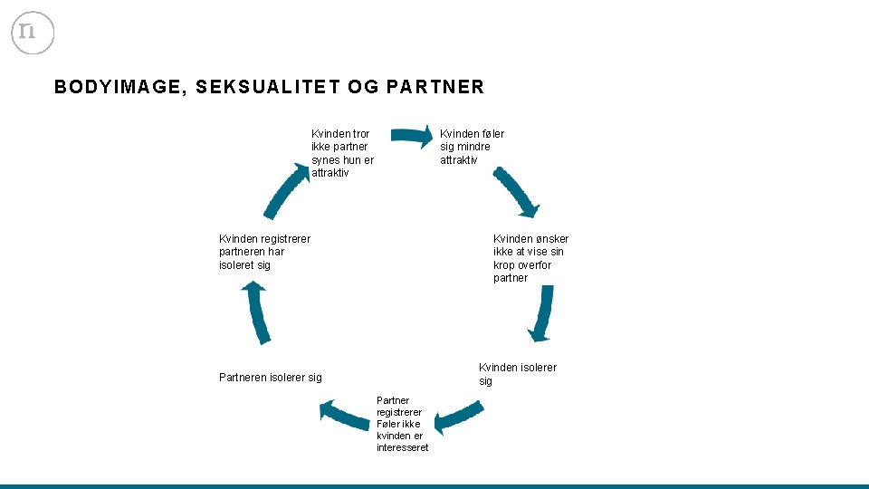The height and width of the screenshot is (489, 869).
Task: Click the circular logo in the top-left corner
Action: [x=33, y=33]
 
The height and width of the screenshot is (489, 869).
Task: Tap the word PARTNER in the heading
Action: [x=434, y=88]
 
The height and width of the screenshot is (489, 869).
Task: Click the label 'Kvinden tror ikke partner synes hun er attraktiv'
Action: [x=342, y=153]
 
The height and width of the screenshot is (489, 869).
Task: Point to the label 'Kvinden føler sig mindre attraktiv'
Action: [x=472, y=147]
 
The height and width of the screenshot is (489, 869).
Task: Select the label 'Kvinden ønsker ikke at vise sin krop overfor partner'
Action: [x=530, y=258]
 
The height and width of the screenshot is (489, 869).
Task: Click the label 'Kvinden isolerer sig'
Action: [x=517, y=374]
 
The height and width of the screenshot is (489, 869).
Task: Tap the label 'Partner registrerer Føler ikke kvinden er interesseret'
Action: [x=401, y=424]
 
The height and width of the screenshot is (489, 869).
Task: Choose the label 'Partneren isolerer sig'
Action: [x=270, y=378]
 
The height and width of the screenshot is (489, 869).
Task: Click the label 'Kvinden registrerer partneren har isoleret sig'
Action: [x=263, y=252]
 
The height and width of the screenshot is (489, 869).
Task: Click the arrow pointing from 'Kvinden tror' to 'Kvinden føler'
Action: [x=412, y=137]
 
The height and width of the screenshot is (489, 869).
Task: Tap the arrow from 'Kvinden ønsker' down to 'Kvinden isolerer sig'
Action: [x=541, y=313]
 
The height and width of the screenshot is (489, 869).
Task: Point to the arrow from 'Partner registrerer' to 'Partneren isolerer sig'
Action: [x=344, y=415]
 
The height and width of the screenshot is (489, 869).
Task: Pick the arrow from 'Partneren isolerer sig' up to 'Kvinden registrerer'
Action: [x=257, y=312]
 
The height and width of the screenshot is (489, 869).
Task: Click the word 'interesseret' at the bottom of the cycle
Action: [x=402, y=447]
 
